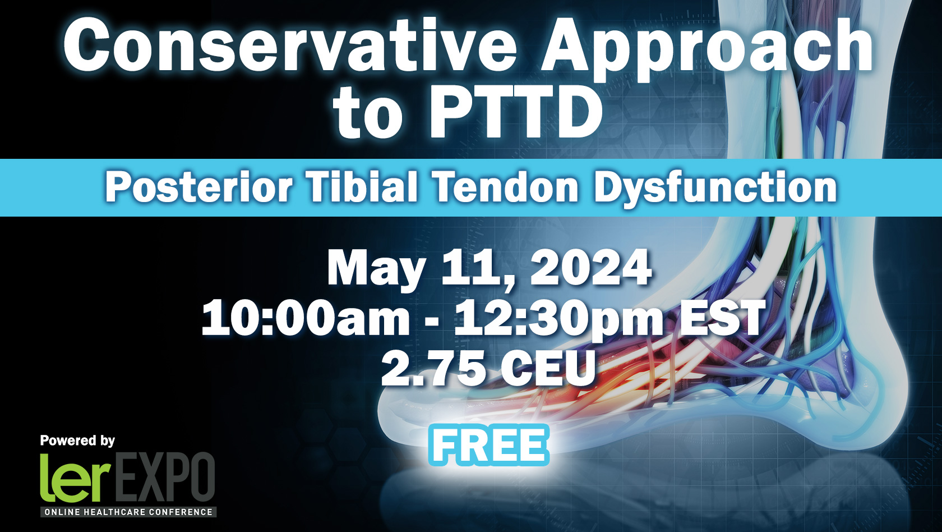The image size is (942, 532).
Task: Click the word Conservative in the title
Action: tap(289, 45)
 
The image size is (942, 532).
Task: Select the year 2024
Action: tap(591, 268)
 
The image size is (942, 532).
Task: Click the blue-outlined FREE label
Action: tap(489, 445)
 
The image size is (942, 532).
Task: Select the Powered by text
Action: tap(77, 441)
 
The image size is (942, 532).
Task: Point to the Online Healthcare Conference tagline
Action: tap(128, 512)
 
